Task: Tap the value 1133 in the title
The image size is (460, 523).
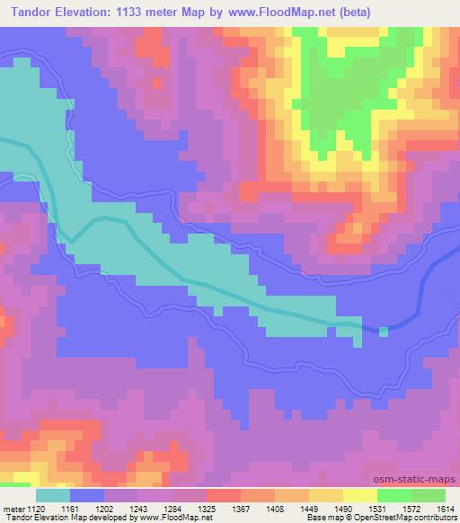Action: click(x=126, y=12)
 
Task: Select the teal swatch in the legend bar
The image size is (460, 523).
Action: click(x=53, y=496)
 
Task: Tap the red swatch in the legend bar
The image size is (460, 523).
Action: click(x=223, y=496)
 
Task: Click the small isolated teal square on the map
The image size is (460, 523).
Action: click(x=385, y=332)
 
